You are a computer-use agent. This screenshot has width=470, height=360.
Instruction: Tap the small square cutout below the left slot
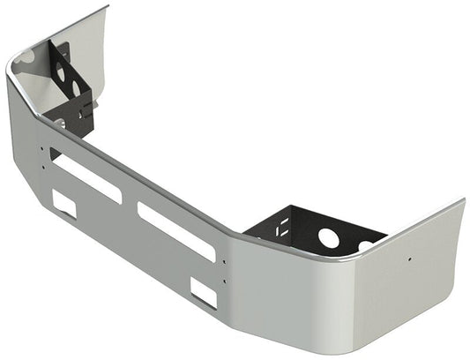(x=64, y=204)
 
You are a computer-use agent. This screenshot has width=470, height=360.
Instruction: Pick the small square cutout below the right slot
(x=204, y=291)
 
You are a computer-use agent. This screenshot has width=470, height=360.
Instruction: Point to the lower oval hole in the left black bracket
(x=78, y=89)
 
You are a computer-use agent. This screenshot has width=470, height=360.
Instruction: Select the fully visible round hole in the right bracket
(x=329, y=237)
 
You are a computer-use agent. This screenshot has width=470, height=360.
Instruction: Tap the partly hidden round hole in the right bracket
(x=365, y=245)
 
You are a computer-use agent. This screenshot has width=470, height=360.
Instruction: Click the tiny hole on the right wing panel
(x=409, y=259)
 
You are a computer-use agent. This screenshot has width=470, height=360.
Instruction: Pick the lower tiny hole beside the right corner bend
(x=224, y=282)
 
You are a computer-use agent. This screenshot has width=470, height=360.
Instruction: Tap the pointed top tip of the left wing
(x=107, y=7)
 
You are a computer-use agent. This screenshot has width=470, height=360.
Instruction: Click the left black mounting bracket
(x=71, y=88)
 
